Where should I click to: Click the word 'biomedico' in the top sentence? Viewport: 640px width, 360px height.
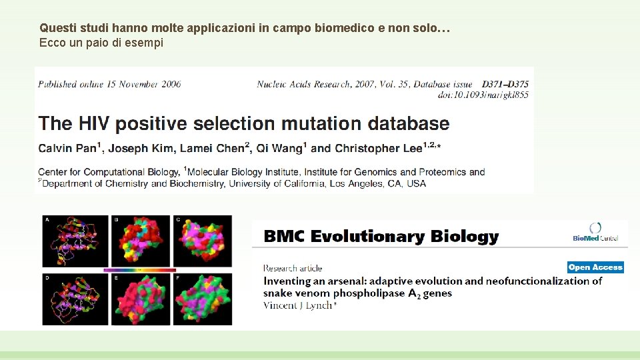point(336,29)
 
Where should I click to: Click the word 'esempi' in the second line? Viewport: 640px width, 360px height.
point(146,43)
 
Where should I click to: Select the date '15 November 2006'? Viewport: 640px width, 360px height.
point(139,85)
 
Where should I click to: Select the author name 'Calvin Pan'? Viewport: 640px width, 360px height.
point(67,148)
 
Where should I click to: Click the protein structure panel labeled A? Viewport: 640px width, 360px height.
point(71,241)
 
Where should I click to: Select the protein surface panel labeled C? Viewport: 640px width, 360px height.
point(203,241)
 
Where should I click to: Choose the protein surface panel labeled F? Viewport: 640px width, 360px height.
point(203,299)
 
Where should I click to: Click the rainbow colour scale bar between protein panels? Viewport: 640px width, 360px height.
point(139,270)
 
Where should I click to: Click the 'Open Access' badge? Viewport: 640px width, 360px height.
point(595,267)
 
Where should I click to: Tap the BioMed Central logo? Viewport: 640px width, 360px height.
point(595,232)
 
